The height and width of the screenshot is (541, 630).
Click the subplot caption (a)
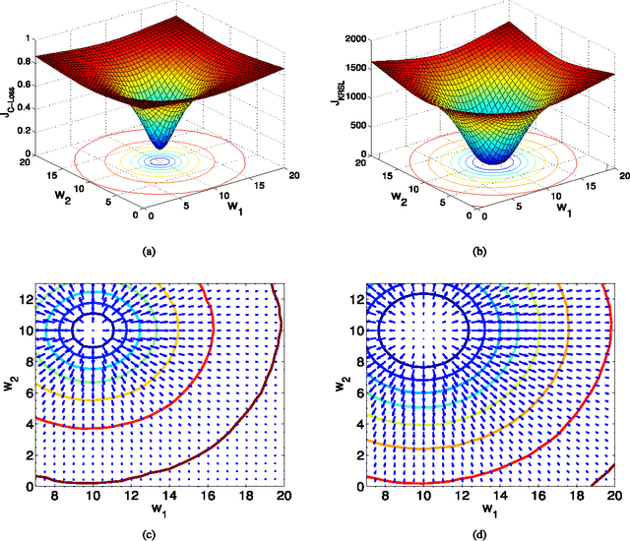click(150, 253)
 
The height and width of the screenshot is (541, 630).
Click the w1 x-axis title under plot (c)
click(158, 512)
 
